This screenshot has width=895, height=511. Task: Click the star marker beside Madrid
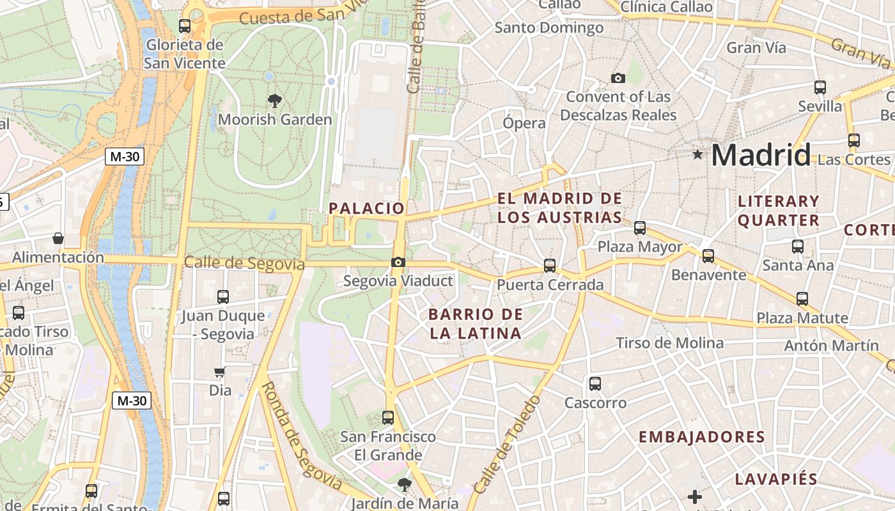(697, 154)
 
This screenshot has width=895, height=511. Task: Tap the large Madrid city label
(761, 155)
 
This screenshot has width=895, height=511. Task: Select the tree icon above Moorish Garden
(275, 100)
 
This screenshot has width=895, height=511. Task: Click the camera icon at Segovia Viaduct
(398, 262)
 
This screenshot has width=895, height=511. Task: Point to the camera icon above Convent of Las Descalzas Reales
(618, 78)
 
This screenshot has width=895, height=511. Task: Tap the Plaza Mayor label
(640, 247)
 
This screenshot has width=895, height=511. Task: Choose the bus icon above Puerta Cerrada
(550, 265)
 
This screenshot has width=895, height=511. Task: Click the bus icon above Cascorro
(595, 383)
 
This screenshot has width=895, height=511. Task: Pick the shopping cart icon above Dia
(220, 372)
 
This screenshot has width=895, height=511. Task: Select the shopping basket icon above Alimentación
(58, 238)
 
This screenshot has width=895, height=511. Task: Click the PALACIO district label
(366, 208)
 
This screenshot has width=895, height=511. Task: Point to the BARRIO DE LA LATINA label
(475, 323)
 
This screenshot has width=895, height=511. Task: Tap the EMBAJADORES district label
(701, 437)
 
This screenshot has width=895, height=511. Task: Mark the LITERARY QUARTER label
(778, 211)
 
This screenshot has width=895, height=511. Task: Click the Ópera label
(524, 123)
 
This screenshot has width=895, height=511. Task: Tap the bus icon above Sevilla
(820, 88)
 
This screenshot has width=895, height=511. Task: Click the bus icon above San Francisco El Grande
(388, 418)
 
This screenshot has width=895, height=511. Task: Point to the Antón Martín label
(831, 346)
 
